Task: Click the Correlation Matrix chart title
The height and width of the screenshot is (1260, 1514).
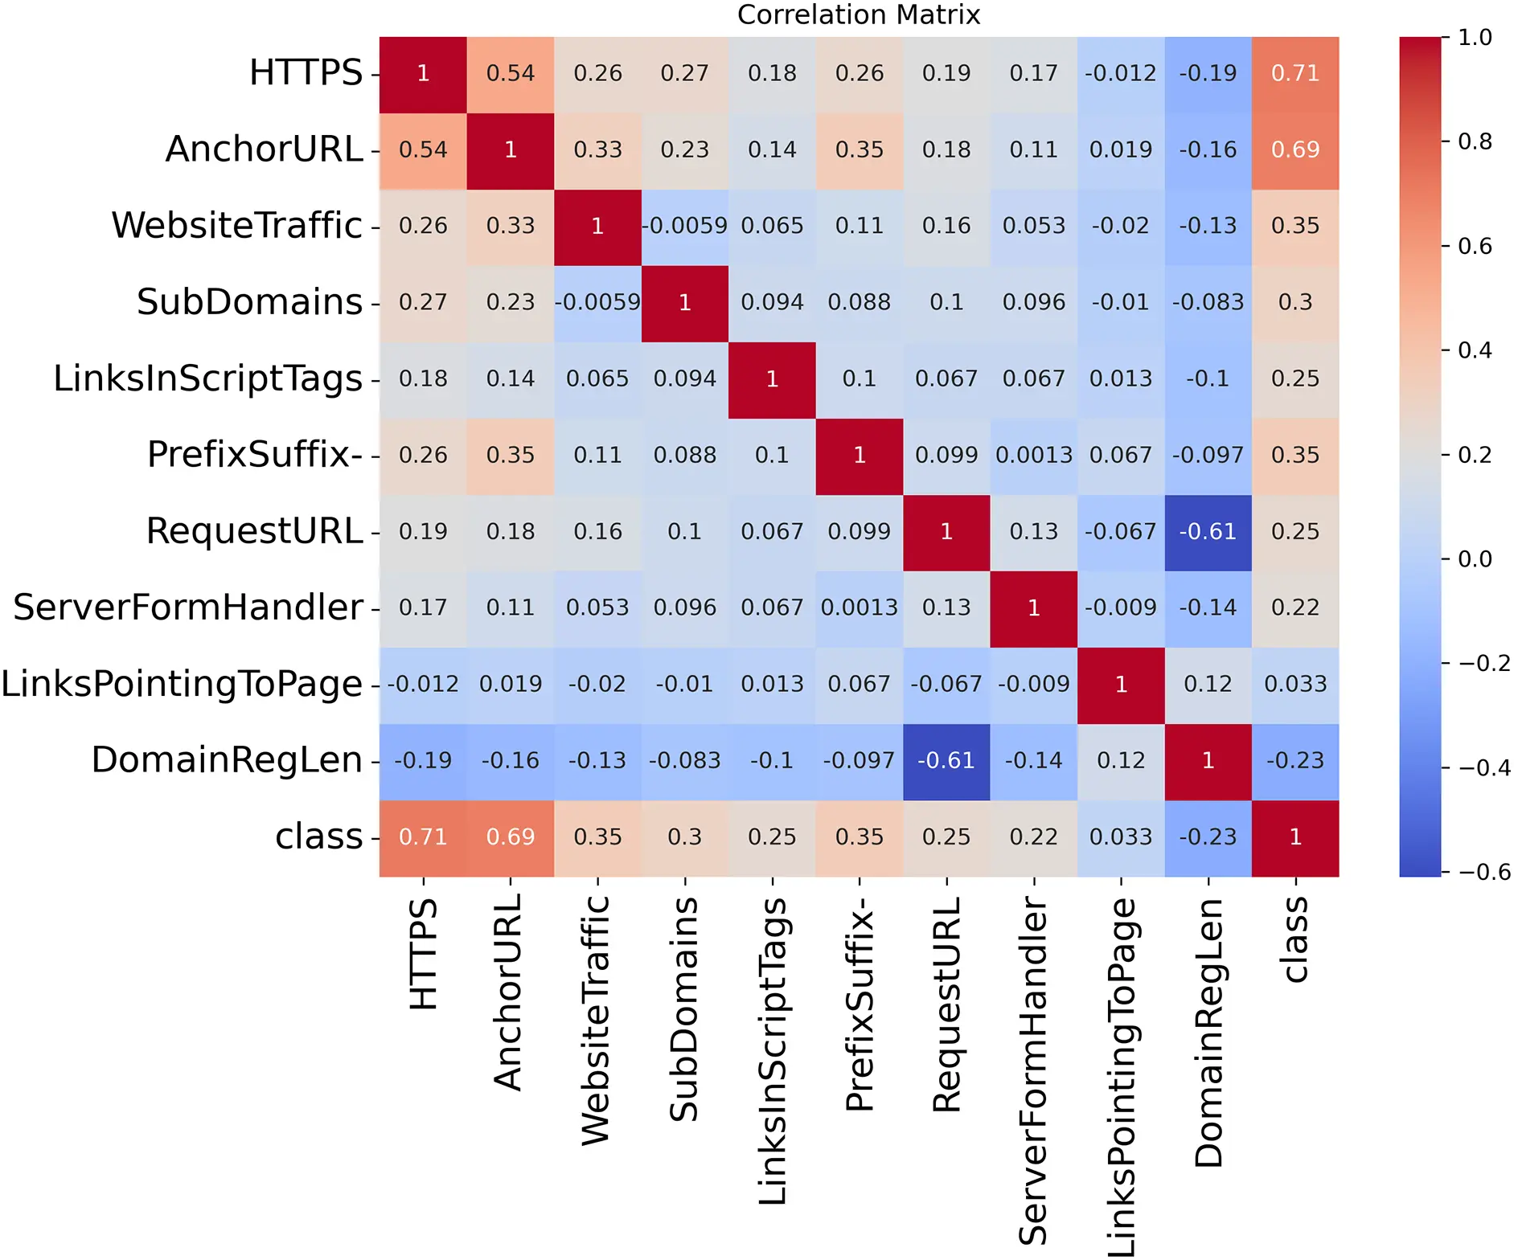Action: [858, 14]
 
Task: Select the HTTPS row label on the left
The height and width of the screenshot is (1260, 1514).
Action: [306, 73]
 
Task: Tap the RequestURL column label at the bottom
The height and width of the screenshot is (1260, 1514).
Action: [946, 1004]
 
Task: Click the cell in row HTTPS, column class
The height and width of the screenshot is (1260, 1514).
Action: [1294, 73]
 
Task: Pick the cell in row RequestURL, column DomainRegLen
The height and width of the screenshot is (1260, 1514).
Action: [1208, 532]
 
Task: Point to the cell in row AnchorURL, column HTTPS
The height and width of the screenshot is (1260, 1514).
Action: [423, 149]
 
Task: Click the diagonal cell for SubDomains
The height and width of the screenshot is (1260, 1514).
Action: [684, 302]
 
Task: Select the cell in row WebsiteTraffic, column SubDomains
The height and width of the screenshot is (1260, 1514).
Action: [684, 226]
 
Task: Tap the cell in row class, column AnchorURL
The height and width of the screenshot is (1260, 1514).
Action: [510, 837]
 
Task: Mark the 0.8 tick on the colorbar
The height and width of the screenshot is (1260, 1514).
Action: [1475, 141]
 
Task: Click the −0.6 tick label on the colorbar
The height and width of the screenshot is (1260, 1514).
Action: [1484, 872]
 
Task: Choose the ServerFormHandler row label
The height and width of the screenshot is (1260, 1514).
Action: [188, 607]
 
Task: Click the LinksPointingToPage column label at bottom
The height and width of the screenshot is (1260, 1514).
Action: [1121, 1077]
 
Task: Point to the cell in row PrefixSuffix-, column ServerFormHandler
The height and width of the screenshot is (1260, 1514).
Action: [1033, 456]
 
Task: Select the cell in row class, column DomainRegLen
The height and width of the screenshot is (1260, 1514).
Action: [1208, 837]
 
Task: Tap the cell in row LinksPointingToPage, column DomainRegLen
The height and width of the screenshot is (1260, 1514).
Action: [1208, 685]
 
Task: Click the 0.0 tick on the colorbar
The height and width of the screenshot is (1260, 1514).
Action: [1475, 559]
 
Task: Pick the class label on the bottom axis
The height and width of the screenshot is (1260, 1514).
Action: [1294, 940]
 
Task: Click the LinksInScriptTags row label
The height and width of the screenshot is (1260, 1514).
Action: [207, 378]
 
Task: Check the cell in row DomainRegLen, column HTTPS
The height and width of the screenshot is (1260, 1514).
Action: [423, 761]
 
